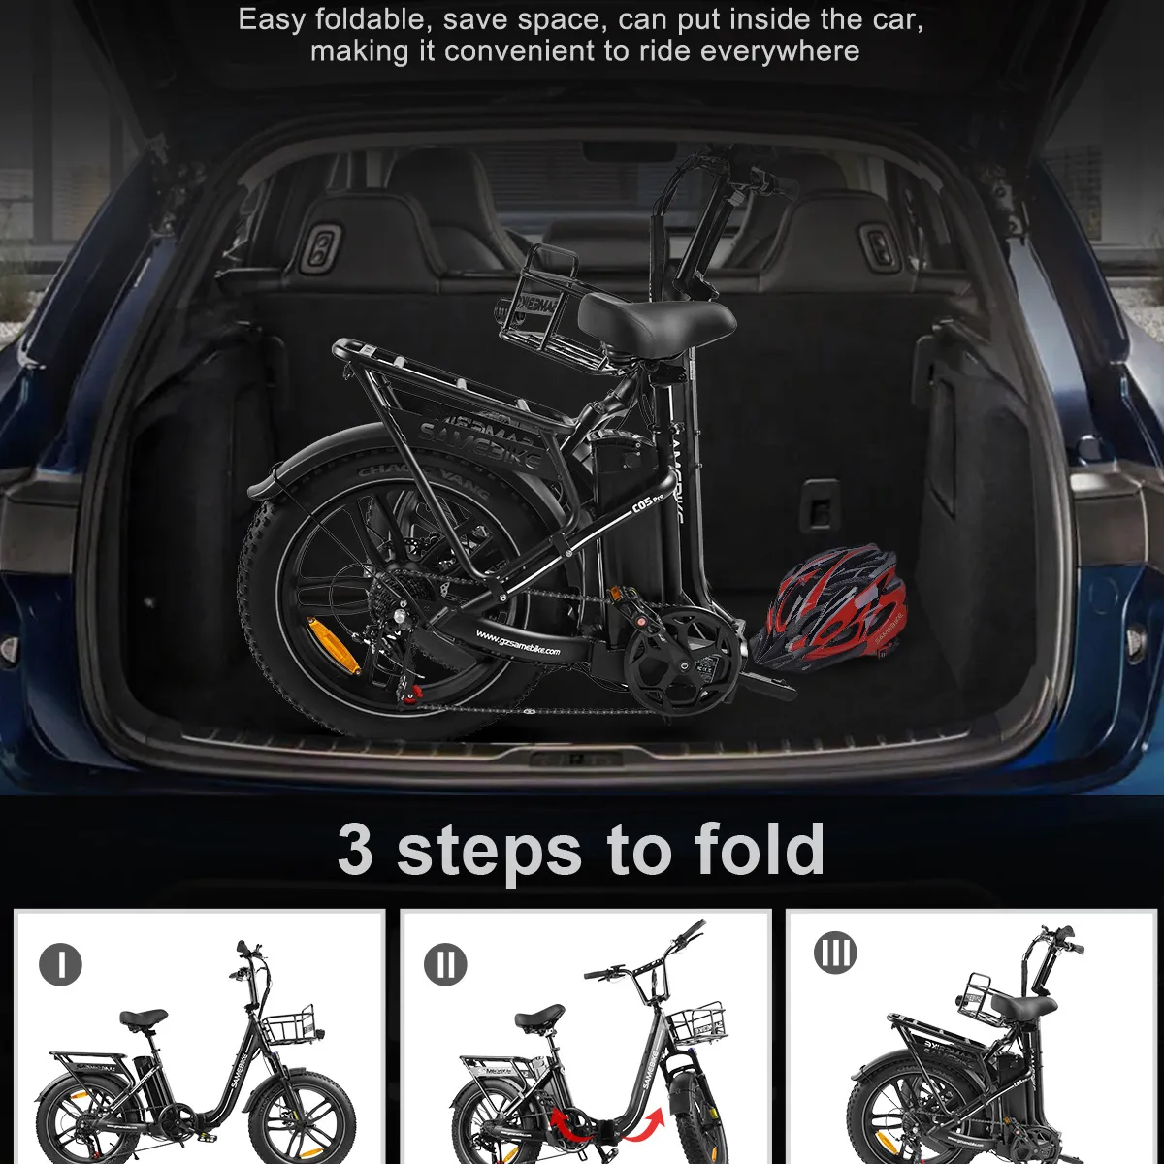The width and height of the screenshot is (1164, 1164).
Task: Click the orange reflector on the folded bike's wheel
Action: tap(332, 644)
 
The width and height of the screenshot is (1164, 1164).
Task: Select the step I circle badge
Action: tap(61, 964)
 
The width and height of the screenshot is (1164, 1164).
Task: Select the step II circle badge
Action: tap(445, 964)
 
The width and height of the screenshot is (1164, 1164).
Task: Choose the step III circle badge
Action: tap(835, 954)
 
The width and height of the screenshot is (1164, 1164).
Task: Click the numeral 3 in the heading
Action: tap(355, 850)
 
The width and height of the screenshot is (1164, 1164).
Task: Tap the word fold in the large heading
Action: tap(760, 850)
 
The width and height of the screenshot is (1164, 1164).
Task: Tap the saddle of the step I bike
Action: tap(144, 1018)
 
